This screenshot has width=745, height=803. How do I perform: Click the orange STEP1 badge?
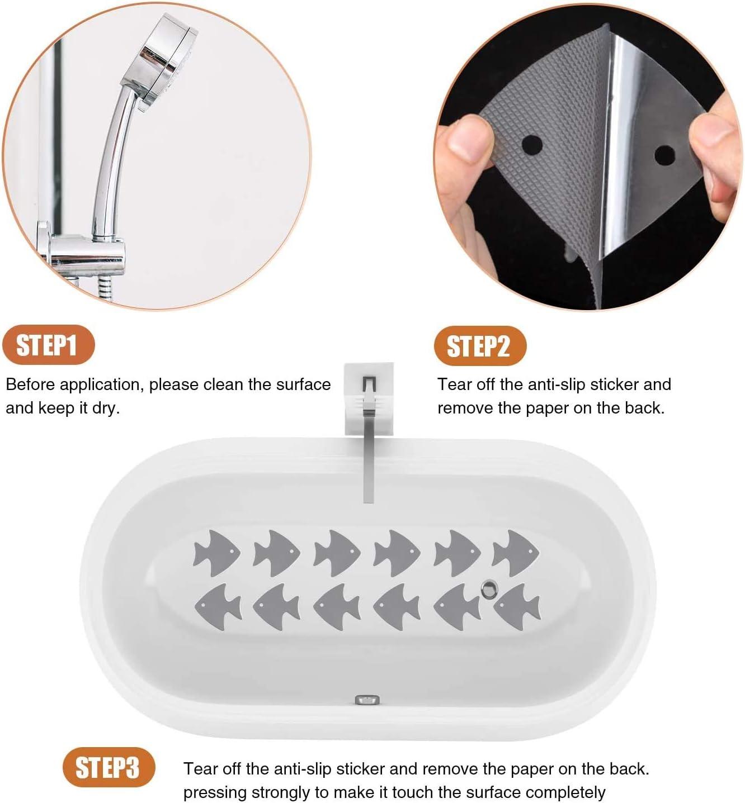click(49, 344)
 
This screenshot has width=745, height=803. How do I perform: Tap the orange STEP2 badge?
click(480, 346)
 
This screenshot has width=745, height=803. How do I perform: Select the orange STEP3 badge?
click(109, 767)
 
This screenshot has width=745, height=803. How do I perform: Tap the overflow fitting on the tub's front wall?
click(367, 700)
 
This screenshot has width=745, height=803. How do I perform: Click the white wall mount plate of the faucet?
click(369, 398)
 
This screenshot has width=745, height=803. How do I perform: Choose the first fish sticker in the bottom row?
click(218, 606)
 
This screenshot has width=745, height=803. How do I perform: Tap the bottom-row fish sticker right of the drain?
click(517, 606)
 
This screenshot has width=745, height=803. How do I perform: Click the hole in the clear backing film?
click(664, 155)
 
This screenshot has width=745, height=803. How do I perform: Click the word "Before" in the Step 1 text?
click(30, 384)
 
